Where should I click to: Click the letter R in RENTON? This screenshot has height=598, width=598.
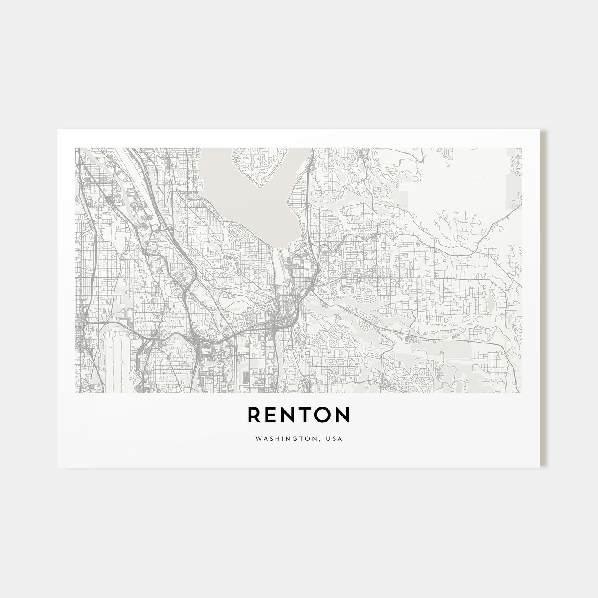click(x=254, y=415)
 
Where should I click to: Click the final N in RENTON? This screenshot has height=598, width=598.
click(x=343, y=415)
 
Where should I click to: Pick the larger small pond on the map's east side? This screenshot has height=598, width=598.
click(x=490, y=304)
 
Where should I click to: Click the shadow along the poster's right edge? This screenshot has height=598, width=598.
click(x=543, y=299)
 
